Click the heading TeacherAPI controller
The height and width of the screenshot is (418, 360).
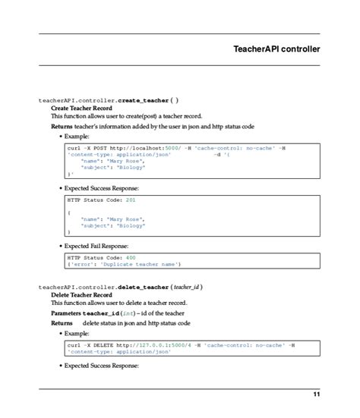coord(276,49)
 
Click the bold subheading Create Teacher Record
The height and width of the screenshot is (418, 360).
coord(81,108)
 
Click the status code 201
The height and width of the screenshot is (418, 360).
coord(130,200)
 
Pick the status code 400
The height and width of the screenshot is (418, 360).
coord(131,257)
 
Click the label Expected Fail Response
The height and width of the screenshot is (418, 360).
coord(96,246)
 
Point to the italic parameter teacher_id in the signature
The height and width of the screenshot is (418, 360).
coord(186,287)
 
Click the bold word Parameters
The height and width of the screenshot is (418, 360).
coord(66,313)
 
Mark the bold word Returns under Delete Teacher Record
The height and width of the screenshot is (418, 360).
coord(62,322)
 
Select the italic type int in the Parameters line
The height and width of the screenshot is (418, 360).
coord(134,313)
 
